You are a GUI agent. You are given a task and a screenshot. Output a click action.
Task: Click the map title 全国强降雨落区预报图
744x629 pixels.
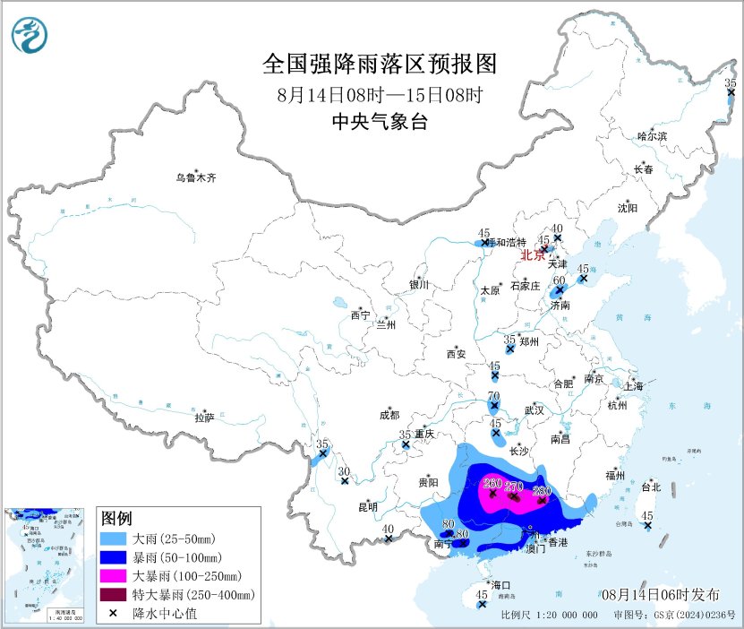coord(380,64)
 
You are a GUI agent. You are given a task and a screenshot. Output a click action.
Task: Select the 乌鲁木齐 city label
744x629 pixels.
coord(195,177)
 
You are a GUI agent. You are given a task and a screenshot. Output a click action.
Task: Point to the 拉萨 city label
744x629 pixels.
coord(204,417)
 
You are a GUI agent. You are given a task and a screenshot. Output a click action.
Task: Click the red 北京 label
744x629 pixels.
coord(533,254)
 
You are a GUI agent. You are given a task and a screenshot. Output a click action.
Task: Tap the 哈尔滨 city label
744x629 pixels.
coord(652,135)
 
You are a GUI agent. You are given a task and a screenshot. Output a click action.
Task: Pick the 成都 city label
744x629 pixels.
coord(389,415)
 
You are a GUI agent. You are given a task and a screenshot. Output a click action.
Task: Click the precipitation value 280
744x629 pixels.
coord(542,490)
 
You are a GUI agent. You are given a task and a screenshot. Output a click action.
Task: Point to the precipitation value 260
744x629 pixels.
coord(492,485)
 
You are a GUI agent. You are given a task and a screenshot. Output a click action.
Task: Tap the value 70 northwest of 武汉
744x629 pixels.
coord(493,396)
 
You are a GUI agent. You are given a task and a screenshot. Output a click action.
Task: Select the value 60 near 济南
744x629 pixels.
coord(559,280)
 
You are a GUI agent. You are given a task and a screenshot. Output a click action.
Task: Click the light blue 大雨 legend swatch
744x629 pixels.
coord(114,538)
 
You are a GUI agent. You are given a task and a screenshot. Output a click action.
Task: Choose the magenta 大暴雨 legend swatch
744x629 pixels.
coord(114,574)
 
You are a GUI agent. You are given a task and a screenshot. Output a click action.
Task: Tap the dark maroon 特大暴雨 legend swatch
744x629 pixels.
coord(114,593)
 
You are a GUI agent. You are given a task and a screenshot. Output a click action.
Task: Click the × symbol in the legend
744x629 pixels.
coord(114,612)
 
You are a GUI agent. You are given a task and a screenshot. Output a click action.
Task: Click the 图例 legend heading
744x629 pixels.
coord(117,518)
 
